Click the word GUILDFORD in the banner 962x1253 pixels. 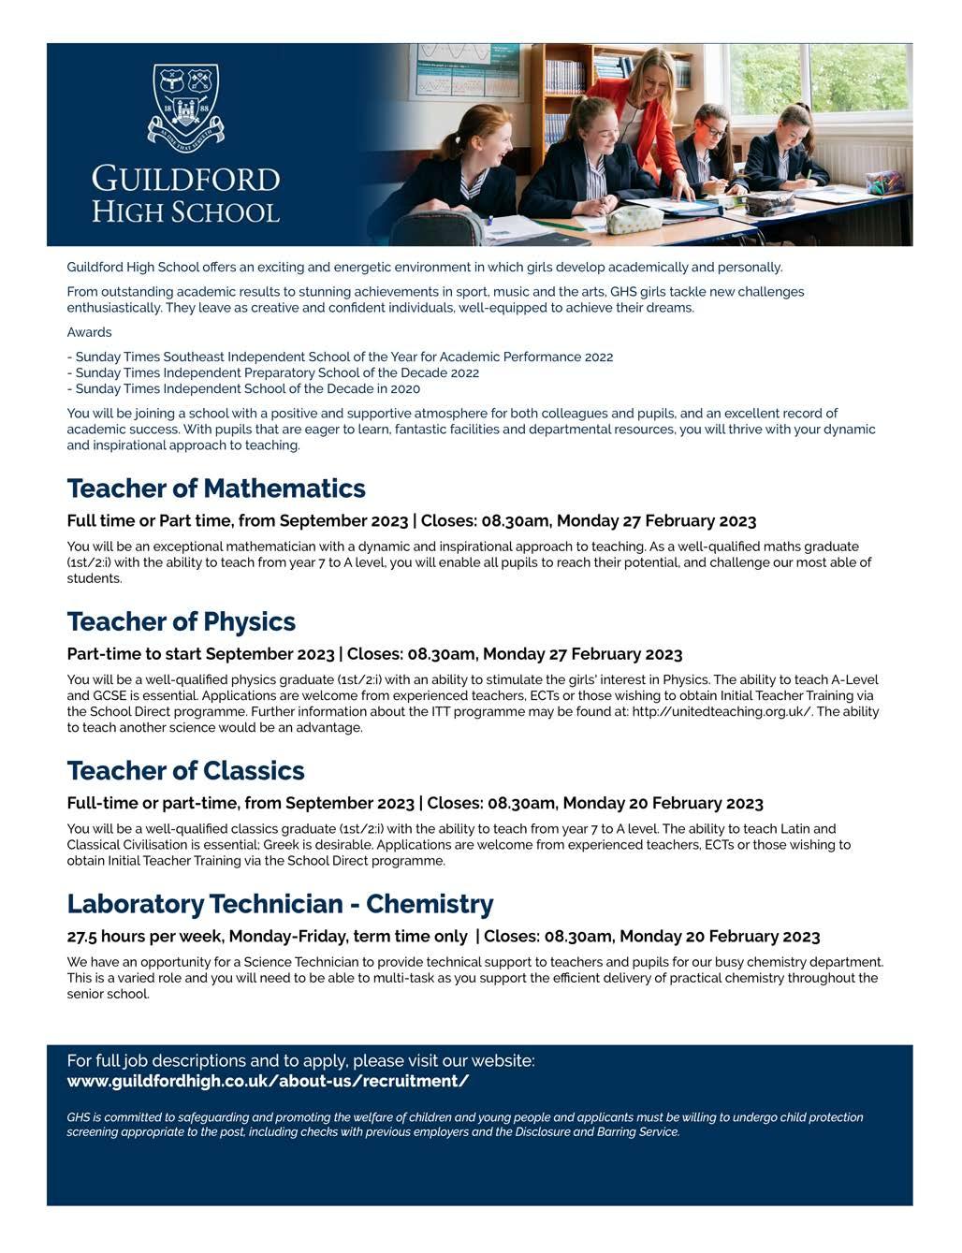pos(185,179)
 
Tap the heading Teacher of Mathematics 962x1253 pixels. pos(216,488)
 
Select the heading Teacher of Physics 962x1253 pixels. pos(181,622)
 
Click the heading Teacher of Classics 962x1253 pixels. pos(185,771)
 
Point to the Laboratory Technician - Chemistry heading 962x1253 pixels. pos(280,904)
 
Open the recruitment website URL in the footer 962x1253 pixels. pos(268,1082)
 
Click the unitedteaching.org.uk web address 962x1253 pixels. pos(721,712)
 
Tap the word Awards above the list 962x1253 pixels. pos(89,332)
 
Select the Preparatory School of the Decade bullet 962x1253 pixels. pos(277,372)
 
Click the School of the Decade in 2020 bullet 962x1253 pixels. pos(248,388)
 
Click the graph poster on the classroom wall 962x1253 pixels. pos(468,70)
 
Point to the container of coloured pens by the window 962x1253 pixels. pos(884,182)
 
